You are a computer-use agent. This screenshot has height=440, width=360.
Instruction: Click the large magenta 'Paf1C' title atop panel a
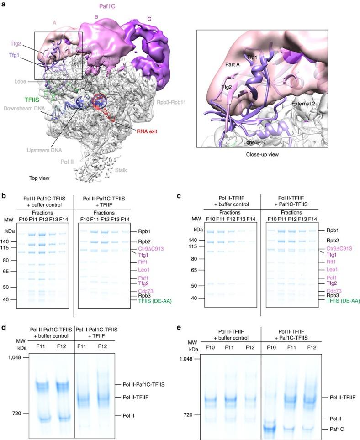click(108, 6)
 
